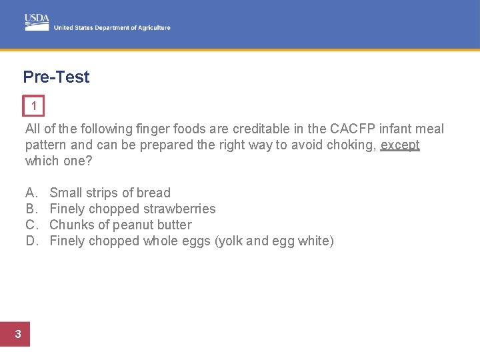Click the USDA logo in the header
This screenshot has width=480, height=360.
(x=37, y=21)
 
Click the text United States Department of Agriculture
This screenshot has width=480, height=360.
(x=112, y=28)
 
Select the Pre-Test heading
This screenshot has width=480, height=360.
(x=56, y=77)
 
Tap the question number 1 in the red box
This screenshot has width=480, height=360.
(x=34, y=106)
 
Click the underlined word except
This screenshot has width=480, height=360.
(x=400, y=145)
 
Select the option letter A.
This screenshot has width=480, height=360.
(x=31, y=193)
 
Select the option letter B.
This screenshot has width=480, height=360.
(x=31, y=209)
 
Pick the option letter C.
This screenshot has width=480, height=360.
(x=31, y=225)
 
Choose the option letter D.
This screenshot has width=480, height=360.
(x=31, y=241)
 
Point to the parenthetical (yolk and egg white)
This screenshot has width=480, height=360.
(x=274, y=241)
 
